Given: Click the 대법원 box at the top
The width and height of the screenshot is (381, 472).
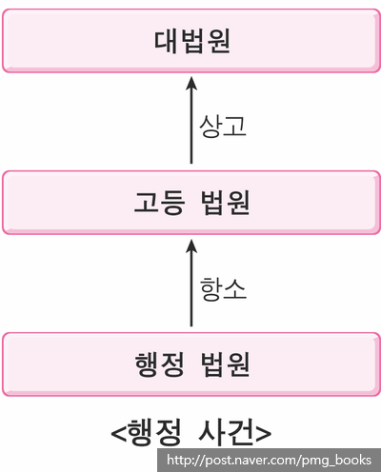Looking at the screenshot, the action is coord(191,41).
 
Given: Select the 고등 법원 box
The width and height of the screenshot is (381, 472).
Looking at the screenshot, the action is coord(191,203).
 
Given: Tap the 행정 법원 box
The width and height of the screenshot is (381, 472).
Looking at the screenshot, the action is coord(191,364).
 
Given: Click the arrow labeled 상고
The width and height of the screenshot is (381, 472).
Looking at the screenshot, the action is coord(191,120).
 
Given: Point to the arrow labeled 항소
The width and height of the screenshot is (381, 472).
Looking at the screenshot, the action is coord(191,283).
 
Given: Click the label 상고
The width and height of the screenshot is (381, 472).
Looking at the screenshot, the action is coord(223,126).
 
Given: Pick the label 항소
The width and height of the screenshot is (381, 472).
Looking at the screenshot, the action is coord(223,289).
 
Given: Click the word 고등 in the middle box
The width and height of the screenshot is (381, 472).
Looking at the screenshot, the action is coord(159,203).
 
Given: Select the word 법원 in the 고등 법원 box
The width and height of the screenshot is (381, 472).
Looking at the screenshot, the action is coord(226,203).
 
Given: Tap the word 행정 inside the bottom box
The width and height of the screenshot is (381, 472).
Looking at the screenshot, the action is coord(159,364).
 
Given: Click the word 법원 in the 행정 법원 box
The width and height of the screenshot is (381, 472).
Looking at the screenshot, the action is coord(226,364).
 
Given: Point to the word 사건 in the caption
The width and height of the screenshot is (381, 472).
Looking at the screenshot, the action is coord(226,432).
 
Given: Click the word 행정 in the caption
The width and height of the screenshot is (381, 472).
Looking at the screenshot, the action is coord(155,432).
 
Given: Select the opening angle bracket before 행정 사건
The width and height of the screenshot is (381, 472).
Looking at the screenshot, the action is coord(118,433).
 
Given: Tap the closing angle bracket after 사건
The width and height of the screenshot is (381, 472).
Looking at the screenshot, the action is coord(263,433).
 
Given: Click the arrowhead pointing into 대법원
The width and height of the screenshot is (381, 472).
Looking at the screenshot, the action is coord(191,84).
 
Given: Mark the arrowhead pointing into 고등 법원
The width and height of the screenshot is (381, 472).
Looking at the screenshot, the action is coord(191,246).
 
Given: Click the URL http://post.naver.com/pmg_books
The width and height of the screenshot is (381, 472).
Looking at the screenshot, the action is coord(269,460).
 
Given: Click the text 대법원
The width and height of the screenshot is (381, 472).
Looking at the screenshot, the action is coord(192,41).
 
